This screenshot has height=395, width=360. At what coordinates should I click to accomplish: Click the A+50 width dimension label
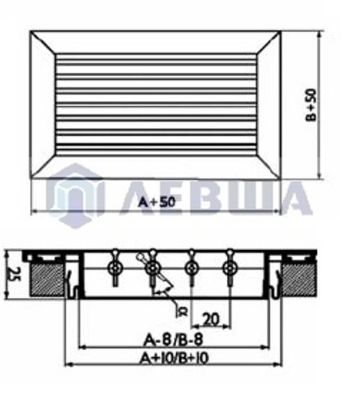157,202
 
